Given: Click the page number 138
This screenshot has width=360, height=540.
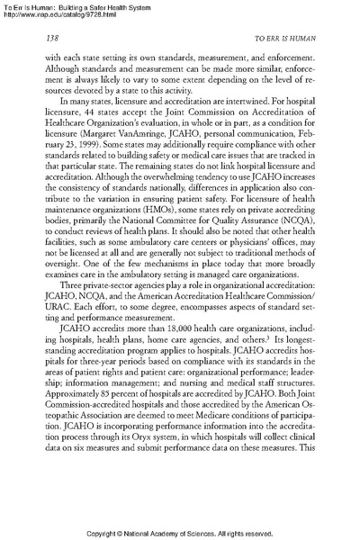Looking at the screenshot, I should tap(50, 40).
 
